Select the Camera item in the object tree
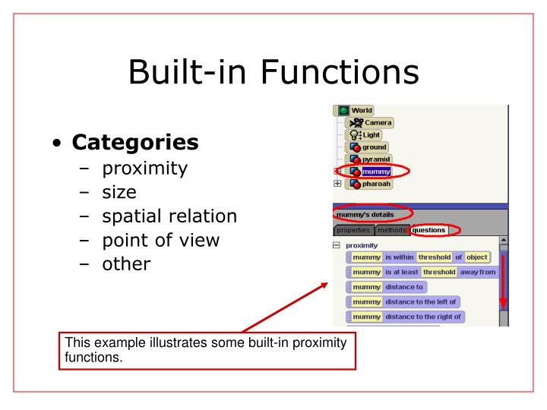pyautogui.click(x=378, y=123)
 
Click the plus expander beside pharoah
pyautogui.click(x=337, y=184)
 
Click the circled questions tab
pyautogui.click(x=429, y=230)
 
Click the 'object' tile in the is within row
pyautogui.click(x=476, y=257)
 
